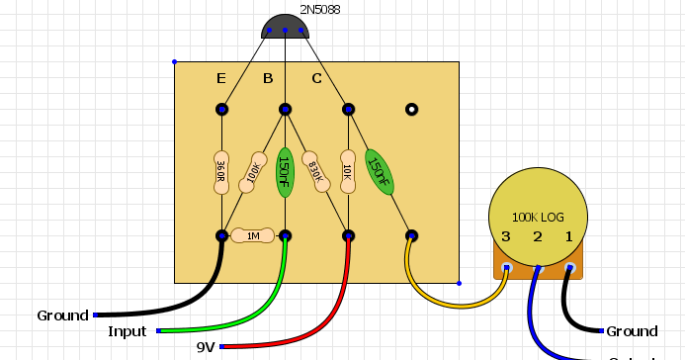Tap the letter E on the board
tap(222, 78)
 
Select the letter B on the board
tap(268, 78)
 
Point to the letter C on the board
tap(316, 78)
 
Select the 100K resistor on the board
tap(256, 170)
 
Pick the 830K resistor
tap(316, 170)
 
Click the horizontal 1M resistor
tap(253, 236)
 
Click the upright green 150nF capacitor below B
tap(285, 170)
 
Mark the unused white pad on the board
tap(411, 109)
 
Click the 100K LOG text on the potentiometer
tap(538, 217)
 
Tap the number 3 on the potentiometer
tap(505, 236)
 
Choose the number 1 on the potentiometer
tap(568, 236)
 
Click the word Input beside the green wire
tap(127, 331)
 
